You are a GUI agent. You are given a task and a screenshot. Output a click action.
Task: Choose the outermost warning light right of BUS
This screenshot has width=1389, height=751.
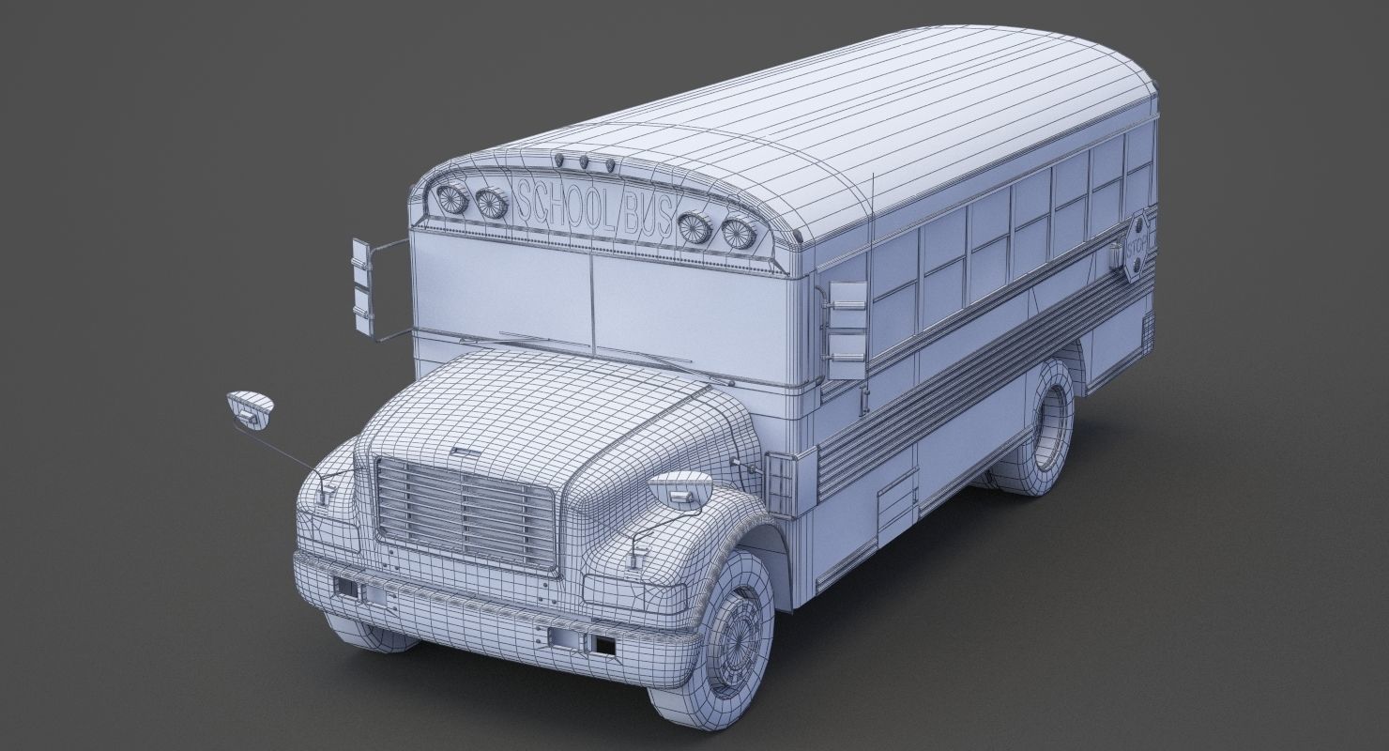(x=740, y=231)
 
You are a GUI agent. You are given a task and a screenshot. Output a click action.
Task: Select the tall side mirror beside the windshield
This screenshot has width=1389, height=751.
(x=361, y=286)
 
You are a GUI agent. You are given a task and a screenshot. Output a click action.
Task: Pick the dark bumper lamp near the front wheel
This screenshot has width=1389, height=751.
(x=603, y=646)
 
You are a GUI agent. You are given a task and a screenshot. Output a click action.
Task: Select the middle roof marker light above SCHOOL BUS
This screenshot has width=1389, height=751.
(x=584, y=162)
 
